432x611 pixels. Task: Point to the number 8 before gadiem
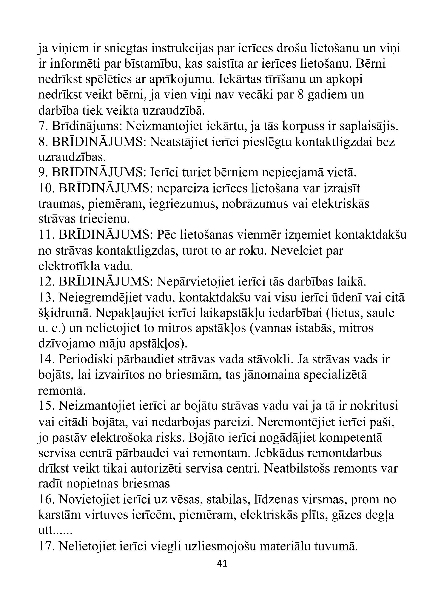click(x=301, y=95)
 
